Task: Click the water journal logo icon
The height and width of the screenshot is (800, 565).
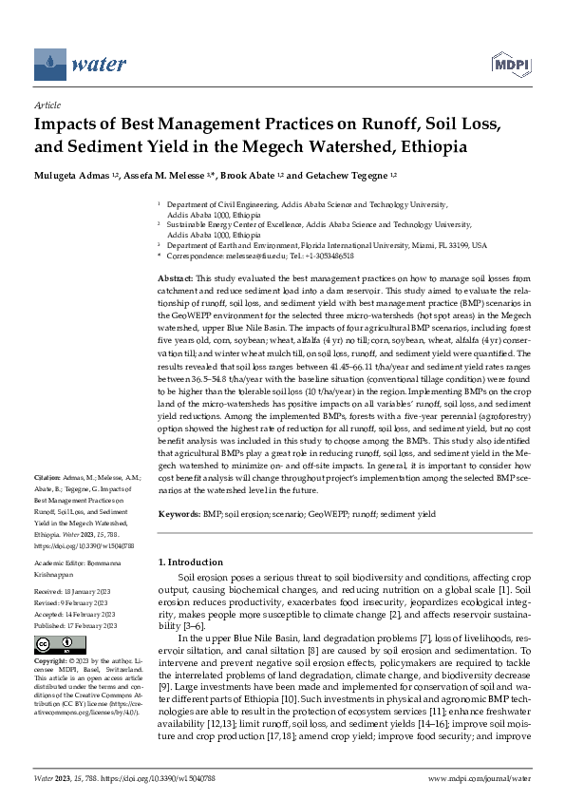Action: point(49,65)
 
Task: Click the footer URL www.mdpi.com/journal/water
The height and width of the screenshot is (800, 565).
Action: point(480,778)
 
